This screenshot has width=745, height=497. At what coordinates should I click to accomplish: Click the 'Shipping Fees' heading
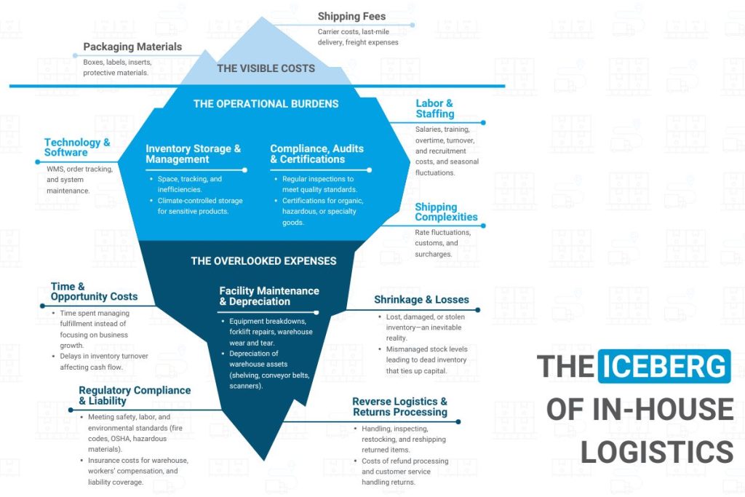[351, 17]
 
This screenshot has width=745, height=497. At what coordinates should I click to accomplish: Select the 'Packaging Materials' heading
[132, 47]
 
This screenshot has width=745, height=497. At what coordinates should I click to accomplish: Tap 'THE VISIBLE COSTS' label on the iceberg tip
[266, 68]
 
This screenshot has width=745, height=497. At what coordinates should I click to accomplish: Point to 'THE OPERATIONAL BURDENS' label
[266, 104]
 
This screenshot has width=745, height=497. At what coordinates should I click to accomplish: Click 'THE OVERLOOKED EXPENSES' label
[263, 261]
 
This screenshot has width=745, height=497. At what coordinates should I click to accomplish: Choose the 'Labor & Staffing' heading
[434, 108]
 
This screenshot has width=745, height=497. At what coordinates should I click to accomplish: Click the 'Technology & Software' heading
[77, 147]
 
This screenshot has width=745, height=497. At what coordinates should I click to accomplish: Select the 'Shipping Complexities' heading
[446, 212]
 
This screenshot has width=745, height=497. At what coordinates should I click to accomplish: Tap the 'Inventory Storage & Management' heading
[193, 154]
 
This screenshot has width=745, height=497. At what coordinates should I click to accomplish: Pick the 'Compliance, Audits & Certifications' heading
[317, 154]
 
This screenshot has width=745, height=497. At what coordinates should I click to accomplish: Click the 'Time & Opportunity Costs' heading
[94, 292]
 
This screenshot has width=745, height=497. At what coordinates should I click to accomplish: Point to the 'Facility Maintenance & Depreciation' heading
[269, 296]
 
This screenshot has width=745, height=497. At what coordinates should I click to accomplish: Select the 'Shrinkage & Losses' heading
[421, 299]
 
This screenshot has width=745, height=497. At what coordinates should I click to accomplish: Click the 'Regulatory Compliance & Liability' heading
[135, 395]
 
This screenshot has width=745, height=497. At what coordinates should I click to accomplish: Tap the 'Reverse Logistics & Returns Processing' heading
[399, 407]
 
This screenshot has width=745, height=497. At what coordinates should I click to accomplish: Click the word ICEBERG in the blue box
[664, 365]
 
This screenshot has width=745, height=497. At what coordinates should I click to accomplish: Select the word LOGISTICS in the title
[656, 451]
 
